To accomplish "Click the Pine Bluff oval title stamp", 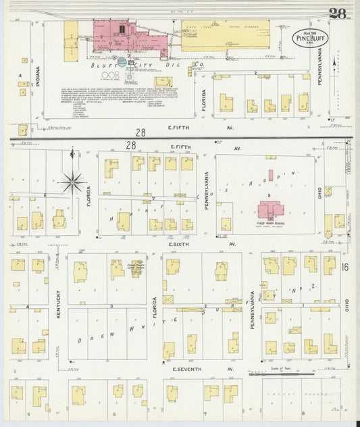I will tap(310, 37).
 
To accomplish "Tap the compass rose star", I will tap(72, 181).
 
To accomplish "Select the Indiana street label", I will tap(38, 80).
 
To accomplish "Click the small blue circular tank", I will tap(122, 61).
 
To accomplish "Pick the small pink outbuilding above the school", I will tap(271, 175).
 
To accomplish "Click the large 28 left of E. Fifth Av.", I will tap(140, 133).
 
